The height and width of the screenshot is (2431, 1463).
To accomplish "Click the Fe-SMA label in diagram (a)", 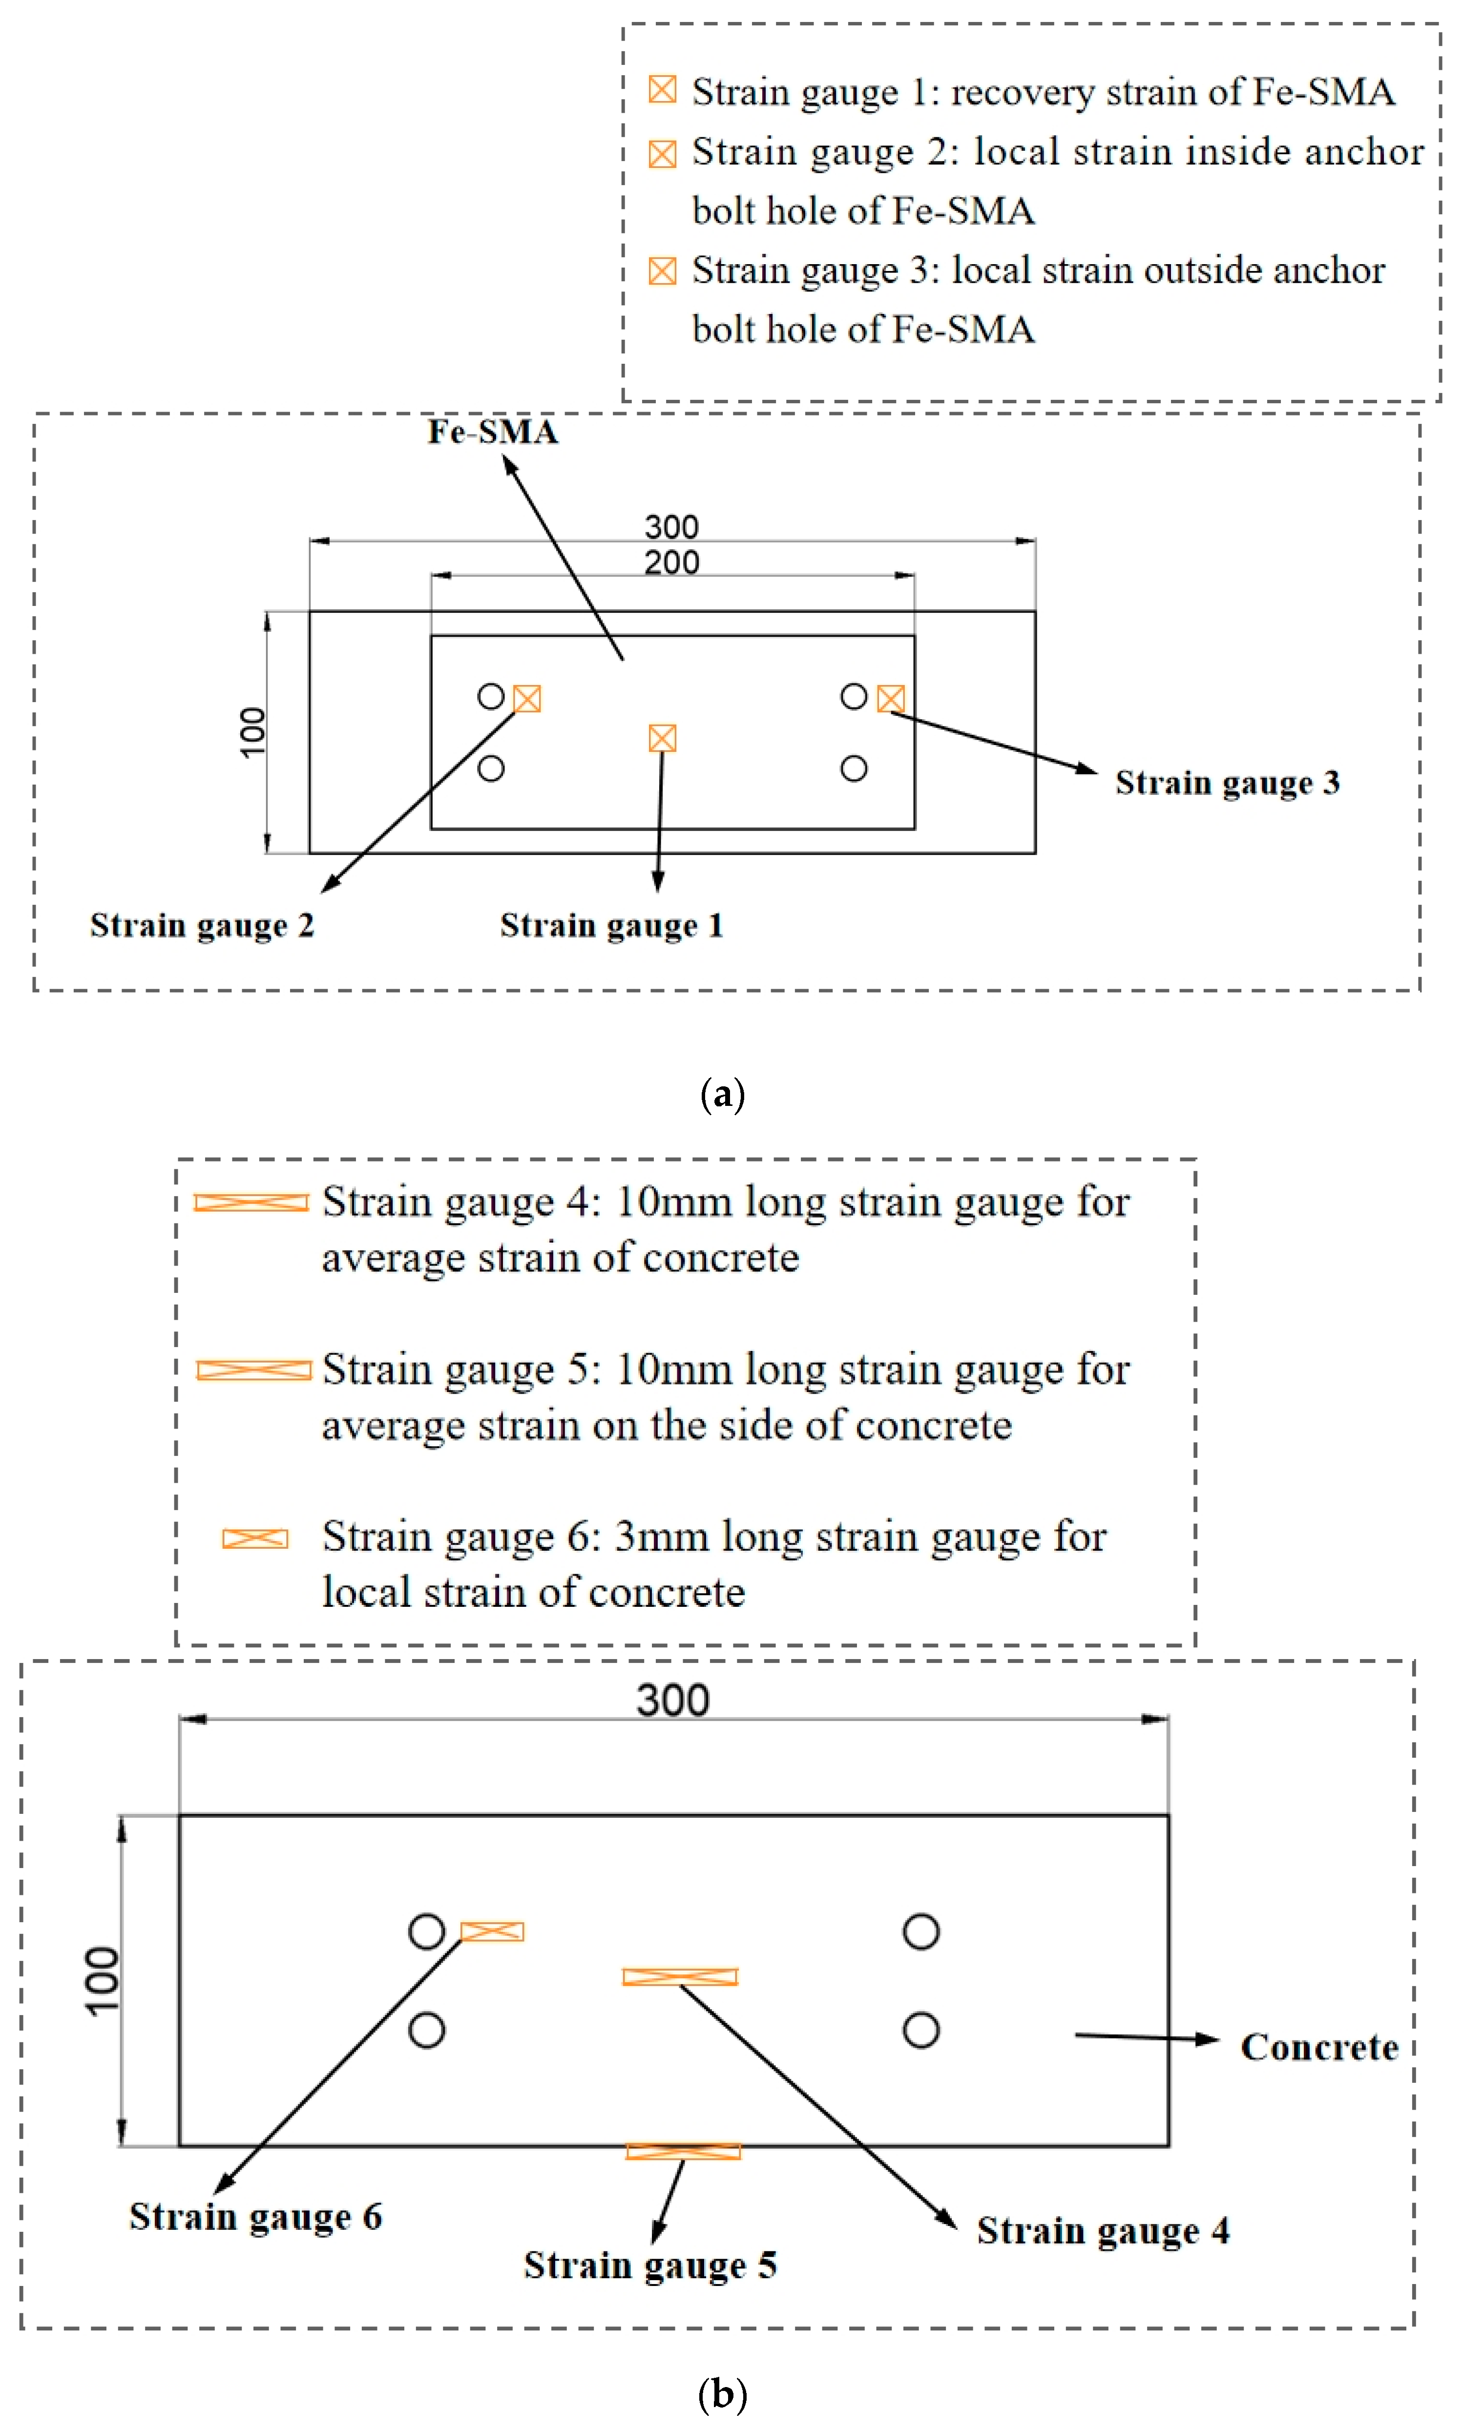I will point(492,432).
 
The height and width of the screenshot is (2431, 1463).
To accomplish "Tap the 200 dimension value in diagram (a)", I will point(671,562).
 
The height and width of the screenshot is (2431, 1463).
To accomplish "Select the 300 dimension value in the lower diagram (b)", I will point(672,1700).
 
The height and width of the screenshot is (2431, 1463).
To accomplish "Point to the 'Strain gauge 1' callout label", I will point(611,925).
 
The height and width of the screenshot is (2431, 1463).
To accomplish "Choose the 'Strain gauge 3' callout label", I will point(1227,782).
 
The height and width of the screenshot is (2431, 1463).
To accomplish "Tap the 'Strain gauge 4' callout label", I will point(1103,2230).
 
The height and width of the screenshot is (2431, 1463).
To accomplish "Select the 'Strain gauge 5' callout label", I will point(649,2265).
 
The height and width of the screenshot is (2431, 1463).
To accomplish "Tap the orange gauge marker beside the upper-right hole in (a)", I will point(890,699).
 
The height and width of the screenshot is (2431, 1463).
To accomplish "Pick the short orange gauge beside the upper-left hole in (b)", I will point(492,1932).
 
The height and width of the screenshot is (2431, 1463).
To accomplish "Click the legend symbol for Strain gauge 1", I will point(663,90).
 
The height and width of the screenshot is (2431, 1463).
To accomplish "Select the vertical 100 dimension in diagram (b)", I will point(103,1981).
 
